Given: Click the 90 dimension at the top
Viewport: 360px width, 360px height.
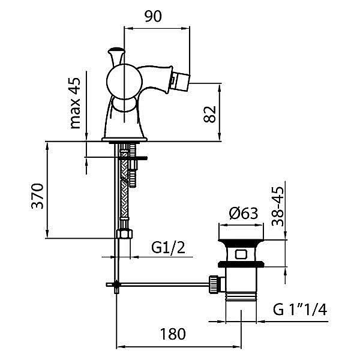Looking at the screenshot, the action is point(153,16).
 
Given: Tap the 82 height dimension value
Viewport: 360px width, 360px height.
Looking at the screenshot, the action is point(210,114).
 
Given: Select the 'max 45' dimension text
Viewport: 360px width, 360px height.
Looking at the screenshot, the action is point(76,103).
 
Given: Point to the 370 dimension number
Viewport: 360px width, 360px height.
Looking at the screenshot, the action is point(37,196).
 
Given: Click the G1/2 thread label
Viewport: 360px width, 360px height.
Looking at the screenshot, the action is point(168,247).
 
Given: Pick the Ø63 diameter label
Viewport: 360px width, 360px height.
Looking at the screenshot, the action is point(244,213).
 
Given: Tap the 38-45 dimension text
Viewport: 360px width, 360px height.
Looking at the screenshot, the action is point(278,206).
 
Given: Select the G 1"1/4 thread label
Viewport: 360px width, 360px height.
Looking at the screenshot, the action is point(300,310).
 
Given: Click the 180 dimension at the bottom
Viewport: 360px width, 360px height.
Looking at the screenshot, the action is point(173,334).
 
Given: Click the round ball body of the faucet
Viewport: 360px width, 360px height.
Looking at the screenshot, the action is point(124,81).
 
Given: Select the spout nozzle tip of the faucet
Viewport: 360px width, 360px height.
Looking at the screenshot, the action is point(181,82).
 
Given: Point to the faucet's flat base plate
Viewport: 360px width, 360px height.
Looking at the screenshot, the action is point(124,140).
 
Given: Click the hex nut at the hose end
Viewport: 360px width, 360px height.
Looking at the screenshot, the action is point(124,234).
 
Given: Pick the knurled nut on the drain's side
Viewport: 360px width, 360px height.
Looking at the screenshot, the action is point(213,284).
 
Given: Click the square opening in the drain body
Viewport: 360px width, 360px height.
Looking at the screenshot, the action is point(241,254).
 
